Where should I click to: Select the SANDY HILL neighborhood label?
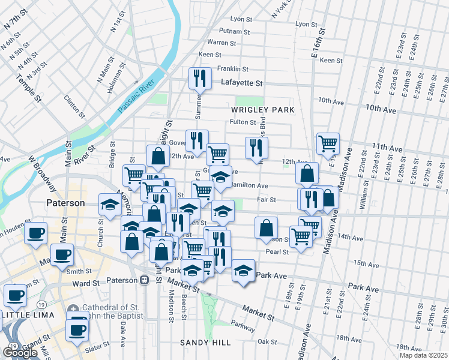(205, 342)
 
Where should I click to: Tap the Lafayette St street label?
(242, 83)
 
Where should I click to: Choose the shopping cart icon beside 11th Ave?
(328, 143)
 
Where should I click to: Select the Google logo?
(20, 352)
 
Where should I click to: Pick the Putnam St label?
(234, 31)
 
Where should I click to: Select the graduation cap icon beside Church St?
(110, 205)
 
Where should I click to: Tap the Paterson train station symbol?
(144, 280)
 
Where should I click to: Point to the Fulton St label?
(243, 122)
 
